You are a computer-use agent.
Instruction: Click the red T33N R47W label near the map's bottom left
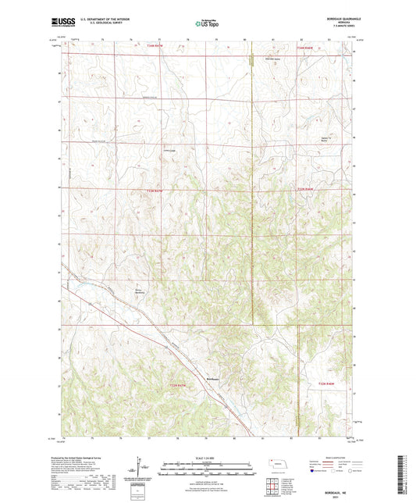(179, 384)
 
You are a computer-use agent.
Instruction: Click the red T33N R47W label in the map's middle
(156, 190)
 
